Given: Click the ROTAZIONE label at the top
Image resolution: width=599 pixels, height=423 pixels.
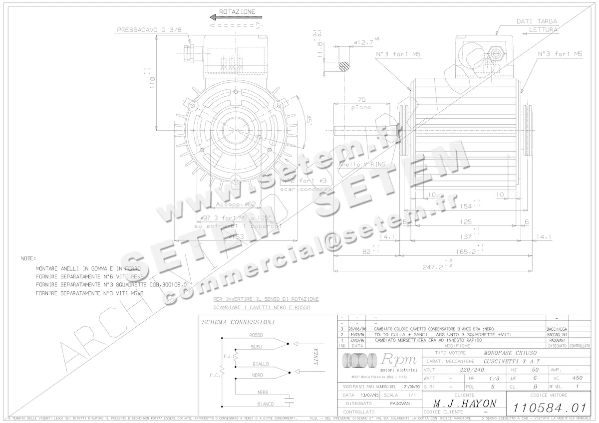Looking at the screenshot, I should (237, 11).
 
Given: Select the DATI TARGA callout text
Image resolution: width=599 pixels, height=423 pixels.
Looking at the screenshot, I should (537, 21).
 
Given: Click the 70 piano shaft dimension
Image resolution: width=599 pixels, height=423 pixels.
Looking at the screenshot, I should (361, 99).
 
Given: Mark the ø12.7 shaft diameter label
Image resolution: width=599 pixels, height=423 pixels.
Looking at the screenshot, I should (363, 43).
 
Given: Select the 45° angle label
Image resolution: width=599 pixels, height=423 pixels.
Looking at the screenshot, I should (308, 120).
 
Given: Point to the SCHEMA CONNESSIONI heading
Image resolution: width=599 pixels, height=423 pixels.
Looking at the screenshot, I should (238, 323).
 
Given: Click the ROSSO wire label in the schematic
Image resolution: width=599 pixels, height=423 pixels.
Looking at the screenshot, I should (256, 335).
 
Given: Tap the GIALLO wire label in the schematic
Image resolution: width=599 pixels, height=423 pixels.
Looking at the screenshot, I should (261, 364).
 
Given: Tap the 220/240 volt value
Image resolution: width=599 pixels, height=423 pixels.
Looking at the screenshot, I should (472, 370).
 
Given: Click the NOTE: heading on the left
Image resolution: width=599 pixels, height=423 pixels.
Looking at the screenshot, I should (28, 259).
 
